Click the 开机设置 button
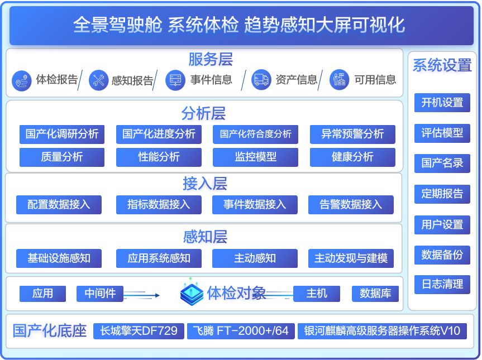[442, 103]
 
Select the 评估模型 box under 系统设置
[442, 133]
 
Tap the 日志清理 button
[442, 284]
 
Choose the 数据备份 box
[442, 255]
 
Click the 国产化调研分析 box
[62, 134]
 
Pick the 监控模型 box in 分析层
[255, 157]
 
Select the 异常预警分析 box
[352, 134]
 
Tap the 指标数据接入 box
[159, 205]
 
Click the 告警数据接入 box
[351, 205]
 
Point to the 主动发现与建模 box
[351, 258]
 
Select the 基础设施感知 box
[59, 258]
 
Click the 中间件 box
[100, 294]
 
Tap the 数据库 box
[375, 294]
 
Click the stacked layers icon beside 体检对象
[192, 292]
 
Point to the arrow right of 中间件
[141, 295]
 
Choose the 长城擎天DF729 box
[139, 331]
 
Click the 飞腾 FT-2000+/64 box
[241, 331]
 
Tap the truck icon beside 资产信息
[261, 80]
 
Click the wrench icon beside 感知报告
[99, 80]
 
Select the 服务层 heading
[211, 59]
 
